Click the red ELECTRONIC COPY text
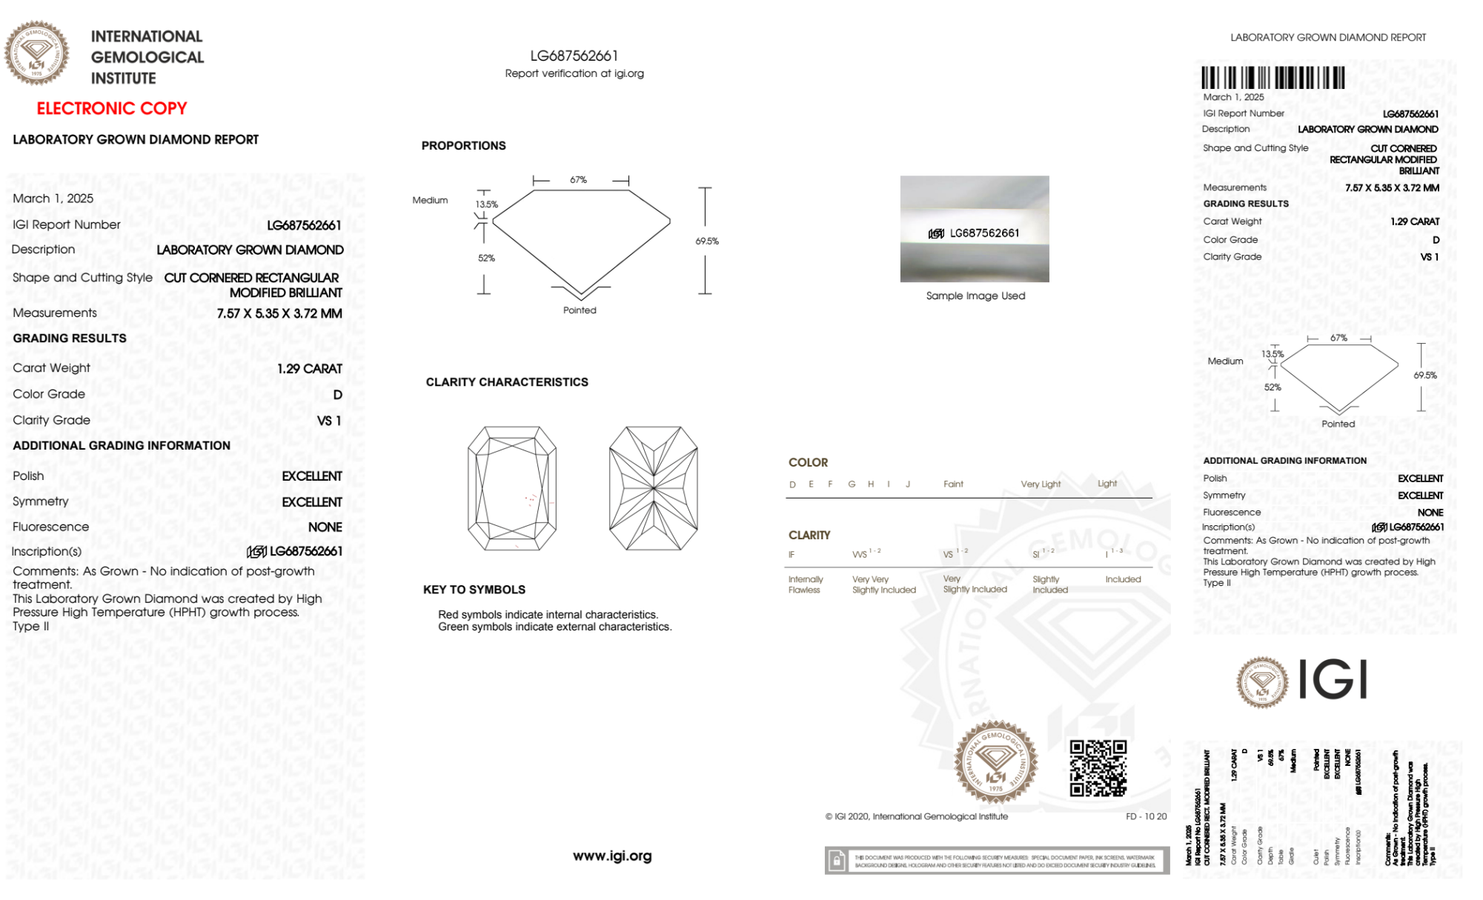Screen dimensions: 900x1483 tap(112, 109)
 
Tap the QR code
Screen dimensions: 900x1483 tap(1098, 768)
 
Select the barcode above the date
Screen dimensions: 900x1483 tap(1273, 78)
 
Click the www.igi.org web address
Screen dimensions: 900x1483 tap(612, 856)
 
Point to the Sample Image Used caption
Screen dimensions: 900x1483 tap(975, 296)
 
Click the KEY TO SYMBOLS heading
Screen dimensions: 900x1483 tap(474, 590)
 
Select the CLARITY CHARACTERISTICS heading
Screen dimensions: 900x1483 tap(507, 382)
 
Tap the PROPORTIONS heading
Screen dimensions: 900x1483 tap(464, 146)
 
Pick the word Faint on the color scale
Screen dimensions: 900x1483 tap(953, 484)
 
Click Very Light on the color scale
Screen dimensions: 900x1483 tap(1041, 484)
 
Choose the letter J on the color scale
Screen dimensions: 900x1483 tap(908, 484)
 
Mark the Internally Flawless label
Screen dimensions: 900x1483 tap(806, 584)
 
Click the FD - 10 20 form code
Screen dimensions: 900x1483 tap(1146, 816)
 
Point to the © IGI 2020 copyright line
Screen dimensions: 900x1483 tap(917, 816)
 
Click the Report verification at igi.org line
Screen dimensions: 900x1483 tap(574, 73)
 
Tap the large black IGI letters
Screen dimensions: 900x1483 tap(1333, 680)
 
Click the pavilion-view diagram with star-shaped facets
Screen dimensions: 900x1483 tap(653, 488)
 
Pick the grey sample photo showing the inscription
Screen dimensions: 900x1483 tap(975, 229)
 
